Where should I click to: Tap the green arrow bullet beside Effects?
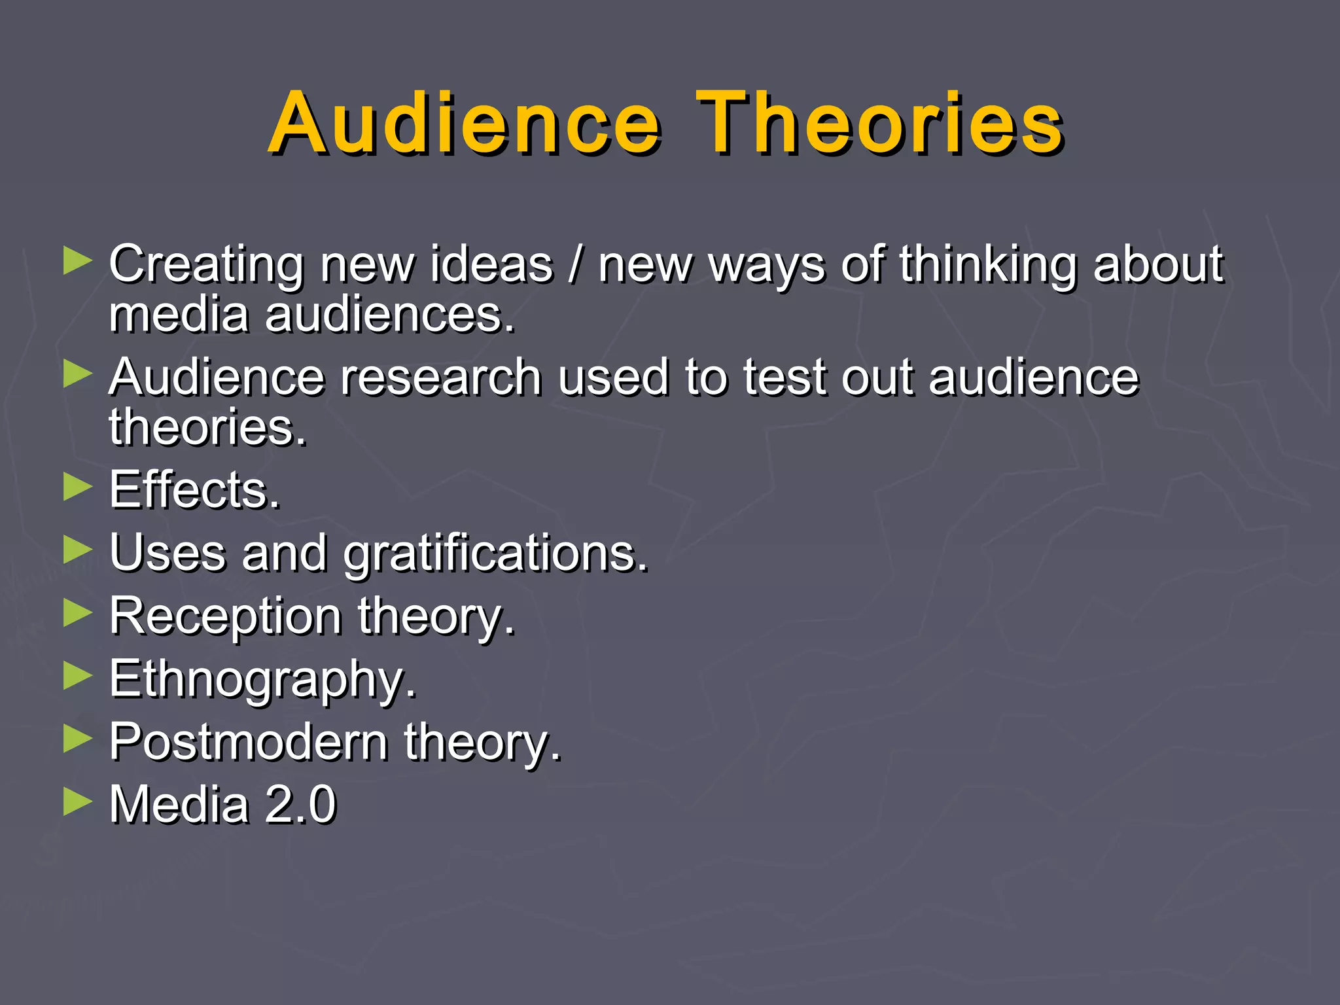coord(78,487)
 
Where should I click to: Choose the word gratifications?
coord(495,554)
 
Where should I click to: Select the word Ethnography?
coord(262,680)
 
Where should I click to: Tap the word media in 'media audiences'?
coord(179,315)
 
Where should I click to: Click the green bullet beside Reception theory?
coord(78,614)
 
